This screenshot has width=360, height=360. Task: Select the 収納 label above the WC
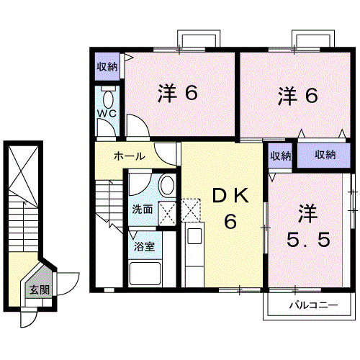click(x=107, y=67)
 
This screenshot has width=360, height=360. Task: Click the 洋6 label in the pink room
click(x=177, y=93)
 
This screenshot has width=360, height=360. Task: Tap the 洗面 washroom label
click(x=142, y=210)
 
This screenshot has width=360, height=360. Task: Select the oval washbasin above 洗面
click(x=166, y=185)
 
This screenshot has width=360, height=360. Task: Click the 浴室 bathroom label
click(x=142, y=247)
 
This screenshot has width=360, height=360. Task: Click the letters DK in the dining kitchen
click(x=230, y=194)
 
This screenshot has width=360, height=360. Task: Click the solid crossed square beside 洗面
click(x=167, y=211)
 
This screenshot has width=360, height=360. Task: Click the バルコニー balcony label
click(x=313, y=305)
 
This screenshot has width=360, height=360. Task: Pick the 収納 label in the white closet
click(x=281, y=155)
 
